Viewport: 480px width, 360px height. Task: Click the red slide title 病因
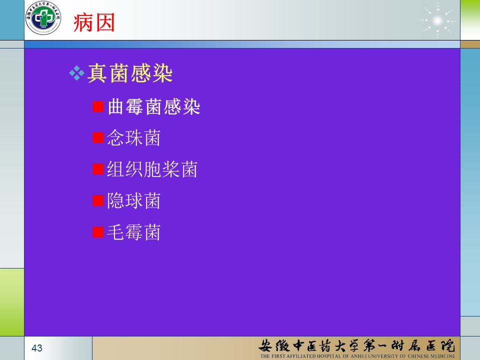(94, 22)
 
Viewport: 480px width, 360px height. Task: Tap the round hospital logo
(43, 17)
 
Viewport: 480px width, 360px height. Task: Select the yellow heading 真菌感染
(130, 73)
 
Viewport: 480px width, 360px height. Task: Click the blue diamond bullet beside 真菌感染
(77, 73)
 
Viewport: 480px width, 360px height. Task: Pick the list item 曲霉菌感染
(154, 106)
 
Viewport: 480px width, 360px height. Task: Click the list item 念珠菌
(134, 138)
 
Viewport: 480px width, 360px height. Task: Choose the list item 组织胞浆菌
(152, 169)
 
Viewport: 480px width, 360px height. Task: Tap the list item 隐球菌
(134, 201)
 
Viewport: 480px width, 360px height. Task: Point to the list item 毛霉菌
(134, 232)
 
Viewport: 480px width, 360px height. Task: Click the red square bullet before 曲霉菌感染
(98, 106)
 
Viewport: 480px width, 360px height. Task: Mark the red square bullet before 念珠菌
(98, 138)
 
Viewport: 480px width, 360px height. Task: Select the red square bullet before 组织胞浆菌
(98, 169)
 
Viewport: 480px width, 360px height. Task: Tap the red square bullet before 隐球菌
(98, 200)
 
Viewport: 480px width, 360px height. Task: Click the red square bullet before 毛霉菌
(98, 232)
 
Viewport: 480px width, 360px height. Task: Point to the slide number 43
(36, 348)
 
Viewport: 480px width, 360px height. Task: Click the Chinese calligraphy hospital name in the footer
(356, 345)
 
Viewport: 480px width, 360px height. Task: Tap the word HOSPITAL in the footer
(324, 356)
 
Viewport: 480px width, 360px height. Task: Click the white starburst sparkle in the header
(437, 21)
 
